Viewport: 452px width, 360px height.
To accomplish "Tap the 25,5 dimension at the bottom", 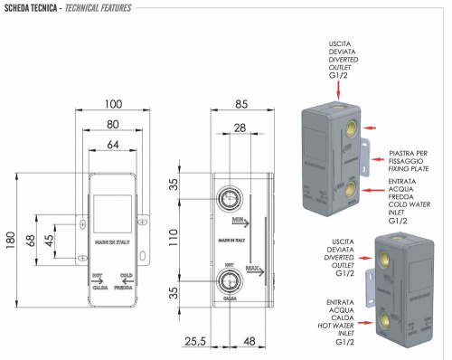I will pyautogui.click(x=196, y=343).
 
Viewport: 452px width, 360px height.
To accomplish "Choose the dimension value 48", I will pyautogui.click(x=249, y=343).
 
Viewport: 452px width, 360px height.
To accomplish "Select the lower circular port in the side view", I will pyautogui.click(x=231, y=281).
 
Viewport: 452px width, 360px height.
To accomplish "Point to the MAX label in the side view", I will pyautogui.click(x=253, y=269).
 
